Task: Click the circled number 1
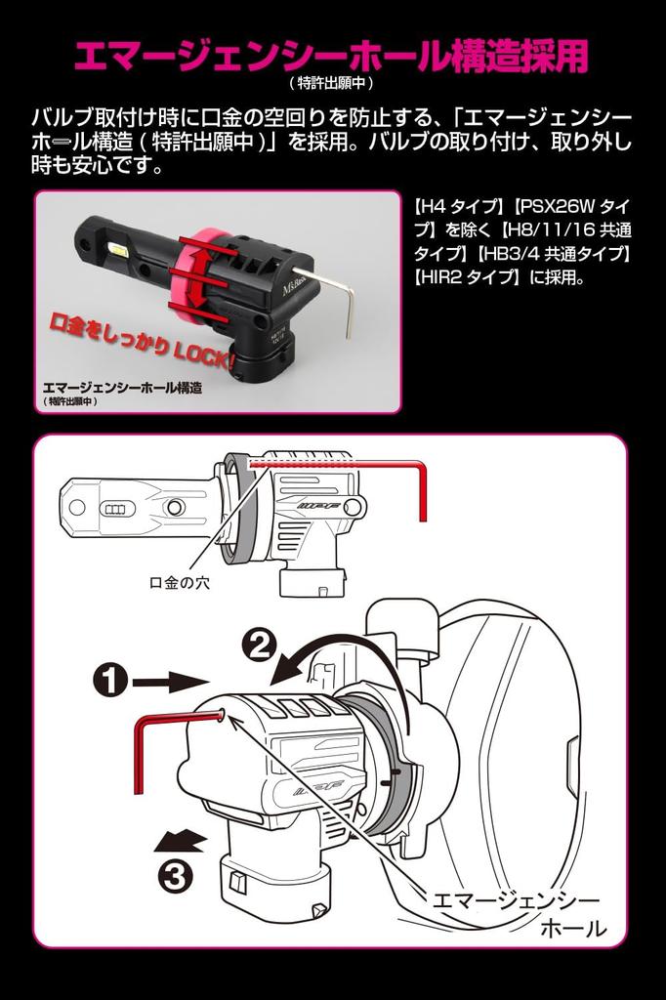click(x=111, y=681)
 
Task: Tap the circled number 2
click(x=261, y=648)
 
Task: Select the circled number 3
click(x=176, y=876)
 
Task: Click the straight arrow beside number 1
click(x=171, y=682)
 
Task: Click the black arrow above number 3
click(x=182, y=841)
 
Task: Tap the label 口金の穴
click(x=180, y=582)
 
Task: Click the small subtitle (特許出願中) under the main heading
click(x=331, y=83)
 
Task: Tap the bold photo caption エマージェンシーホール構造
click(x=122, y=387)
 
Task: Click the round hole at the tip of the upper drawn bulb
click(x=77, y=508)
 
